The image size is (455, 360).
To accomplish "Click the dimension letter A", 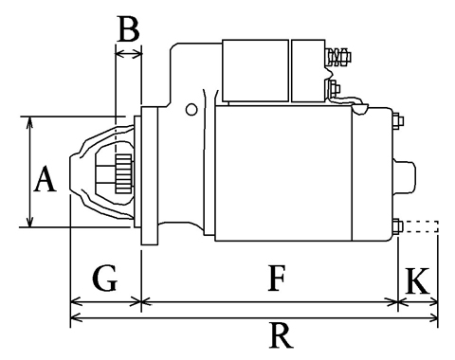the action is [45, 179].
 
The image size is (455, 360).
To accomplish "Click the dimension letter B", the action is [128, 28].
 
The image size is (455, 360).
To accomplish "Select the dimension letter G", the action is [105, 279].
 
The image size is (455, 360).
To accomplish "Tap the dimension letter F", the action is [277, 279].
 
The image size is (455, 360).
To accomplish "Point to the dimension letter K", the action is [417, 281].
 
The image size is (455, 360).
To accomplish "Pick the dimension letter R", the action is [281, 335].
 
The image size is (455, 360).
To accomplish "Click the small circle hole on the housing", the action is [191, 110].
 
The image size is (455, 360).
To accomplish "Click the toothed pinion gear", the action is [124, 174].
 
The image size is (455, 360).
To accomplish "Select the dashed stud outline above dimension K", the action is [421, 226].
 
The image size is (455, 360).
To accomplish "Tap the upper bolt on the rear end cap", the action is [398, 121].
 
